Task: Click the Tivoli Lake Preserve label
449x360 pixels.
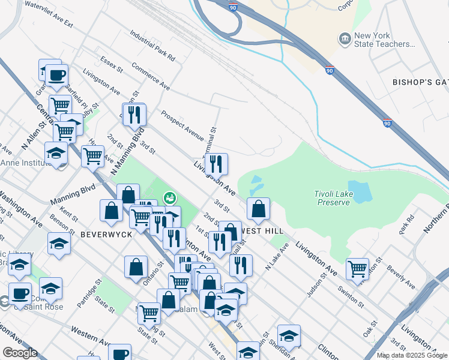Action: click(332, 198)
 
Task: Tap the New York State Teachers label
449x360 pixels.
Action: click(385, 40)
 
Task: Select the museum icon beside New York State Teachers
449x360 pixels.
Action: click(345, 40)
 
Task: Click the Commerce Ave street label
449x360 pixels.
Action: click(151, 78)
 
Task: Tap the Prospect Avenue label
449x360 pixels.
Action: click(182, 122)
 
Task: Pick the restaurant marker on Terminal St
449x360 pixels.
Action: click(216, 163)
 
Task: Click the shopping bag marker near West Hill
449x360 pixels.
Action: click(258, 208)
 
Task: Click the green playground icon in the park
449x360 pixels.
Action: click(170, 197)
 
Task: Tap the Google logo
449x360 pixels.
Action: click(19, 353)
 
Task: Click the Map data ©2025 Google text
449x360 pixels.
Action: click(411, 355)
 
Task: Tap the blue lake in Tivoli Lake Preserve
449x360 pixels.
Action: click(360, 190)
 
